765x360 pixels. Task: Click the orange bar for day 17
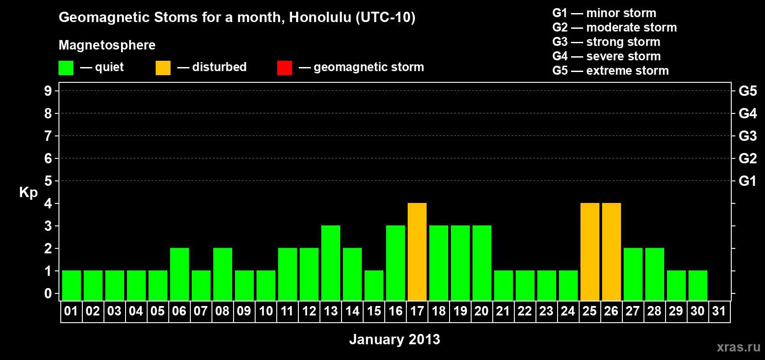[417, 252]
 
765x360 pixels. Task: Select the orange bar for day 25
[590, 252]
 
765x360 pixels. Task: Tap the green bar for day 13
[331, 263]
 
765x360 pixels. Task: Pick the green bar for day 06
[179, 274]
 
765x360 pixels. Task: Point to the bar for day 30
[697, 286]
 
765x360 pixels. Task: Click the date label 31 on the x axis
[719, 311]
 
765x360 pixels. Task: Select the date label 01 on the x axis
[71, 311]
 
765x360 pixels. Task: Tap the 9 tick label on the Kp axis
[48, 91]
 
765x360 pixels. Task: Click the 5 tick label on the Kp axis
[48, 181]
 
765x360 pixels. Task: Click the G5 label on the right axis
[748, 91]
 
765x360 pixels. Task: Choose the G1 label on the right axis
[748, 181]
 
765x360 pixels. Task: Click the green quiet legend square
[66, 67]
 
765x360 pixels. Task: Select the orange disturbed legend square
[163, 67]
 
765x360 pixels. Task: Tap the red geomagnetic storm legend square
[285, 67]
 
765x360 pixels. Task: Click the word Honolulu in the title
[320, 17]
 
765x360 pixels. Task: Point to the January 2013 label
[395, 339]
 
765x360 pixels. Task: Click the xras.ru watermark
[739, 347]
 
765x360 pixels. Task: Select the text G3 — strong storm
[606, 42]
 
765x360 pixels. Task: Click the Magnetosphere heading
[107, 45]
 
